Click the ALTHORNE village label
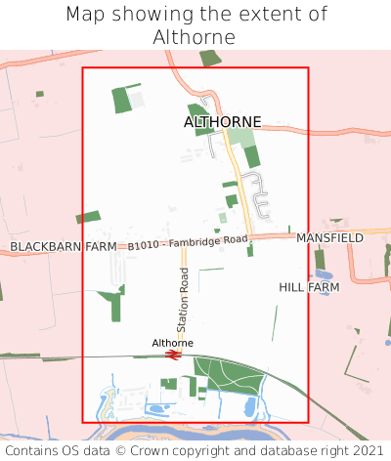pyautogui.click(x=223, y=122)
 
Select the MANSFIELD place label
pyautogui.click(x=329, y=237)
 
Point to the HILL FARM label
pyautogui.click(x=309, y=288)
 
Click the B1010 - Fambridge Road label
pyautogui.click(x=188, y=243)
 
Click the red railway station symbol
pyautogui.click(x=173, y=356)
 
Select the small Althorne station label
pyautogui.click(x=172, y=343)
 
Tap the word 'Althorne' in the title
pyautogui.click(x=195, y=37)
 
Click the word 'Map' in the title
pyautogui.click(x=86, y=15)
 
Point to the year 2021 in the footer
pyautogui.click(x=369, y=451)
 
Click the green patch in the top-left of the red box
pyautogui.click(x=122, y=100)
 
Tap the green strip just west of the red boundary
pyautogui.click(x=88, y=217)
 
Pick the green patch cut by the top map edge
pyautogui.click(x=210, y=58)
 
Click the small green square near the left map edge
pyautogui.click(x=40, y=94)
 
